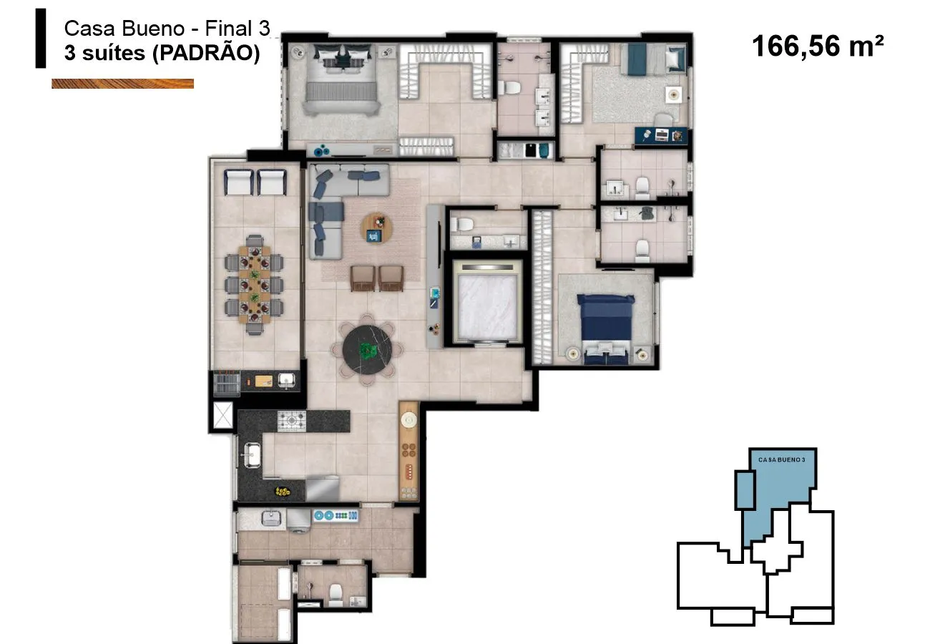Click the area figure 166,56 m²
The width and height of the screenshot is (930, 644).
pos(818,46)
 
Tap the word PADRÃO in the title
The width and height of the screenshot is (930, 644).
pos(206,53)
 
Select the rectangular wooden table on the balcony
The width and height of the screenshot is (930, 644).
pos(255,285)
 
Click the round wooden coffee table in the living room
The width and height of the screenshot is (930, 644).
pos(376,228)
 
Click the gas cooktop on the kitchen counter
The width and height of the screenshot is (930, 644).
pos(291,421)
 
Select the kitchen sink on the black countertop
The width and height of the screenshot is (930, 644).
pos(251,455)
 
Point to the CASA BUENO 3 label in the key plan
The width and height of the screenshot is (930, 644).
pos(782,459)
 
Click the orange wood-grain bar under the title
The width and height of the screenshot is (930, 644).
pos(122,84)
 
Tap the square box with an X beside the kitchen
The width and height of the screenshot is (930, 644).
pos(222,414)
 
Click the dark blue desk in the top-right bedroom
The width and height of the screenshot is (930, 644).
pos(661,136)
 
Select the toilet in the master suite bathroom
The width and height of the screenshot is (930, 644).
pos(510,87)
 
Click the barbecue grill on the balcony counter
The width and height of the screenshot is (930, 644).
pos(226,382)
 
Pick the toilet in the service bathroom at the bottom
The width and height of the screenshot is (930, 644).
pos(336,595)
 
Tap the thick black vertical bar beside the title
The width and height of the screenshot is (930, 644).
pos(41,38)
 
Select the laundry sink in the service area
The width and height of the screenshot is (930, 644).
pos(271,518)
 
